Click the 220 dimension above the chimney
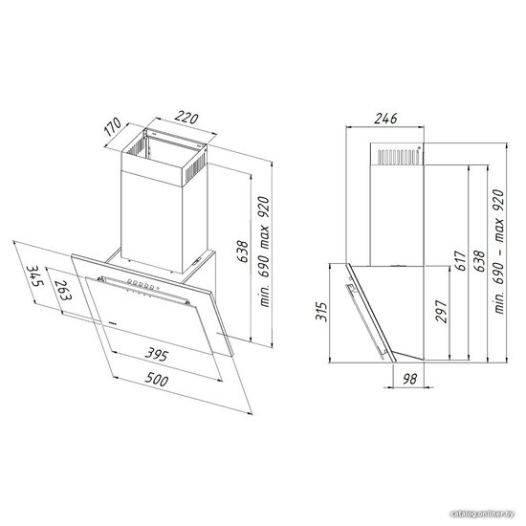186,118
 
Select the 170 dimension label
113,126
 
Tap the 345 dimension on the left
36,275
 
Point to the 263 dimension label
63,290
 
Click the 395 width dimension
156,354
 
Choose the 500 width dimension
157,380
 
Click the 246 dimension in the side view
385,119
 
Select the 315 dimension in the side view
321,312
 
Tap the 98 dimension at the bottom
409,379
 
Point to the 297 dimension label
442,312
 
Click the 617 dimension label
461,260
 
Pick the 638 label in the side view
479,261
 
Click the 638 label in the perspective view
243,252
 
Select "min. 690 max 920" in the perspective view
264,252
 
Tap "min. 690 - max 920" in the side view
498,252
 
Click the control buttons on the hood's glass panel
142,284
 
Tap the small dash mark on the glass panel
113,323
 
